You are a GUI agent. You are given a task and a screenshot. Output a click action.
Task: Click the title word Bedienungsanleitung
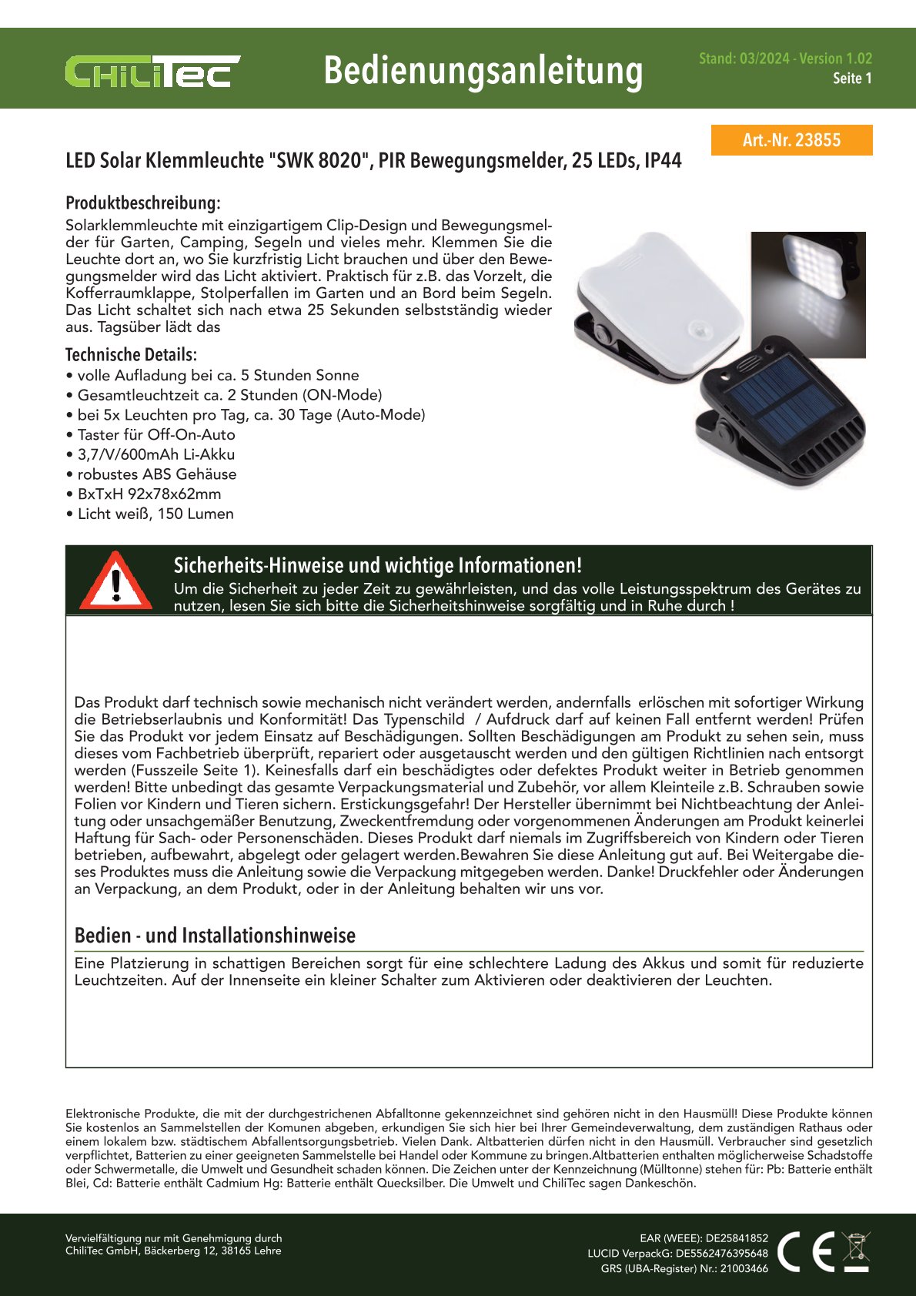(483, 71)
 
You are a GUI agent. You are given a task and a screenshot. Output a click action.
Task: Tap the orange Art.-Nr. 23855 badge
(791, 140)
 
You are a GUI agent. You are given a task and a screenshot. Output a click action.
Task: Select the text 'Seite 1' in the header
(852, 79)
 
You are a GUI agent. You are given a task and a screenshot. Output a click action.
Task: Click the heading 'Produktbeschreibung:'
(143, 203)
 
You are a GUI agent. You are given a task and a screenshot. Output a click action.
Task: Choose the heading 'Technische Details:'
(131, 355)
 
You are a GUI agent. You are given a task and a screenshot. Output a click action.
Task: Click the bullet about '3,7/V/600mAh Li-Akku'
(155, 454)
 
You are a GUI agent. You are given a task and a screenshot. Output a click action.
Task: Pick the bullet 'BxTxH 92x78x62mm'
(149, 494)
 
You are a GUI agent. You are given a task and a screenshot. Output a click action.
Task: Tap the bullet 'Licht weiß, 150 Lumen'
(155, 514)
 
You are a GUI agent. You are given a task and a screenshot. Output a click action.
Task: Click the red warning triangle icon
(116, 581)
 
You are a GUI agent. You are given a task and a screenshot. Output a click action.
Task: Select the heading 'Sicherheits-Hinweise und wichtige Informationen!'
(377, 565)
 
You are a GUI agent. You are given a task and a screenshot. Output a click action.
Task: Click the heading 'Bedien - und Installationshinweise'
(215, 936)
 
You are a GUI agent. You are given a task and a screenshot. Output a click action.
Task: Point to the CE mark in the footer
(805, 1251)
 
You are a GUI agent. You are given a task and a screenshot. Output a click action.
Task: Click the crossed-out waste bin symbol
(856, 1251)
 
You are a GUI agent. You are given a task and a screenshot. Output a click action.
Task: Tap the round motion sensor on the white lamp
(700, 330)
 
